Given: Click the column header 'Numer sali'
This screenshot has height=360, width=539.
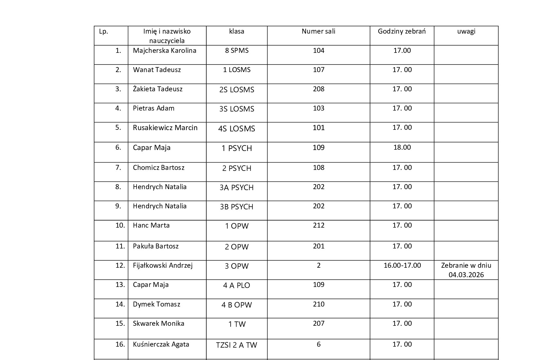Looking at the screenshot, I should click(x=318, y=31).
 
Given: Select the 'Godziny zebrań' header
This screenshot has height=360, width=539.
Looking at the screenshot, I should click(x=402, y=31).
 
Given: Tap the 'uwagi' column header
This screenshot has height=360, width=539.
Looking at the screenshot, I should click(x=466, y=31).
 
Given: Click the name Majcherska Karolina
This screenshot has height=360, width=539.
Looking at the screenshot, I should click(x=165, y=51).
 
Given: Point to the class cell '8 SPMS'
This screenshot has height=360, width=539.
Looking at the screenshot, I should click(x=237, y=51).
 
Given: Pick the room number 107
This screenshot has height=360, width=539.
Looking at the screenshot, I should click(x=318, y=70).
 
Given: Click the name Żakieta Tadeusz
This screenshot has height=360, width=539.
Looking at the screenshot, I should click(x=158, y=89).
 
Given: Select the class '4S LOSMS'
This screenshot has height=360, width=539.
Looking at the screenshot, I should click(x=237, y=129).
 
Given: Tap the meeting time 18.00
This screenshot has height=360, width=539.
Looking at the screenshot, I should click(x=402, y=147).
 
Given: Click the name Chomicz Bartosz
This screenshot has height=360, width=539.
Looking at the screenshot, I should click(x=159, y=168).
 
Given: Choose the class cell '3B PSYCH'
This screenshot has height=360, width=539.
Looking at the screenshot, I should click(x=237, y=207).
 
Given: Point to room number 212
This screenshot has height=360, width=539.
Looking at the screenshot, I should click(x=318, y=225).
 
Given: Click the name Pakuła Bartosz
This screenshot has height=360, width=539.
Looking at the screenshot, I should click(x=156, y=246).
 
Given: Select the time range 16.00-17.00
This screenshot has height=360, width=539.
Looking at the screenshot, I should click(x=402, y=265).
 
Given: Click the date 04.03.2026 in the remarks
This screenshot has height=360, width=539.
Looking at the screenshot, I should click(x=466, y=275).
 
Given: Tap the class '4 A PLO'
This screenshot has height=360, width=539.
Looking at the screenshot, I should click(x=237, y=286).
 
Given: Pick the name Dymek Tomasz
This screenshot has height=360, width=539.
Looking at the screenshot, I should click(x=156, y=304).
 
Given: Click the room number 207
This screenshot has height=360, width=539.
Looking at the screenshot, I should click(x=318, y=323).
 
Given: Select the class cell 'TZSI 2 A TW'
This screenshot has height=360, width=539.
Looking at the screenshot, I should click(x=237, y=345).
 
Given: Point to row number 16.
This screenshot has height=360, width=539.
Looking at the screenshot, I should click(x=120, y=344).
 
